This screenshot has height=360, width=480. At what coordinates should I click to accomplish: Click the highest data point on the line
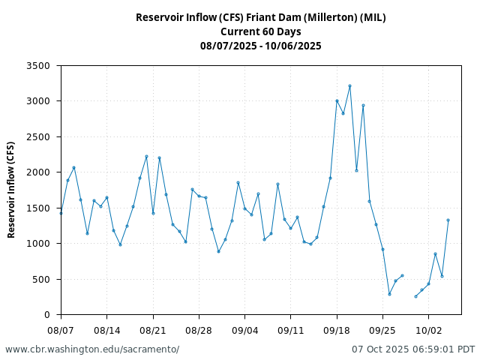[x=349, y=86]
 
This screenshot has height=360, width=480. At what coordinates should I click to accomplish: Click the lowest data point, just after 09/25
[x=389, y=294]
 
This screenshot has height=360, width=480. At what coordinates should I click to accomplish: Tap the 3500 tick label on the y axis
[x=37, y=66]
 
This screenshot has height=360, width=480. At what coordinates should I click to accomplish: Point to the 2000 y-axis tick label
[x=37, y=172]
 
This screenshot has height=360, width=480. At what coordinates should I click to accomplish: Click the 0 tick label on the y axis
[x=46, y=315]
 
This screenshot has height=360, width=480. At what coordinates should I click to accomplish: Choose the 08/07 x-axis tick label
[x=61, y=330]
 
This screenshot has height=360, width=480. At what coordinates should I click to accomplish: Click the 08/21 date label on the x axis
[x=153, y=330]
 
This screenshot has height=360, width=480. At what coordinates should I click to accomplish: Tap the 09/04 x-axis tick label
[x=244, y=330]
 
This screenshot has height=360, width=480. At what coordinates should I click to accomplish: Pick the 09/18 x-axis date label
[x=337, y=330]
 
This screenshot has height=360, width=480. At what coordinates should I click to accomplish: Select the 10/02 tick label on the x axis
[x=428, y=330]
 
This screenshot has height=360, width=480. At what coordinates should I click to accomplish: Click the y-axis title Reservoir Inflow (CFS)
[x=11, y=190]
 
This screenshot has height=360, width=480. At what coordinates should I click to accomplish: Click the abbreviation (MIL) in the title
[x=371, y=17]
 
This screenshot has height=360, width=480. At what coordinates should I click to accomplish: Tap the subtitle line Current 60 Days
[x=260, y=31]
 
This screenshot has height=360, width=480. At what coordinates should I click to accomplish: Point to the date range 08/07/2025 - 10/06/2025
[x=260, y=46]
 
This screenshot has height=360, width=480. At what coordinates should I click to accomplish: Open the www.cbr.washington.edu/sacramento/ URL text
[x=92, y=349]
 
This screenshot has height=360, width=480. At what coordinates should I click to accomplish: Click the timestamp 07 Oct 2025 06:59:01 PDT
[x=413, y=349]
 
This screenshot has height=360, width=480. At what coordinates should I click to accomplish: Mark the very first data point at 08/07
[x=61, y=213]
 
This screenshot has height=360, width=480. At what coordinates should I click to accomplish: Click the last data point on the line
[x=448, y=220]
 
